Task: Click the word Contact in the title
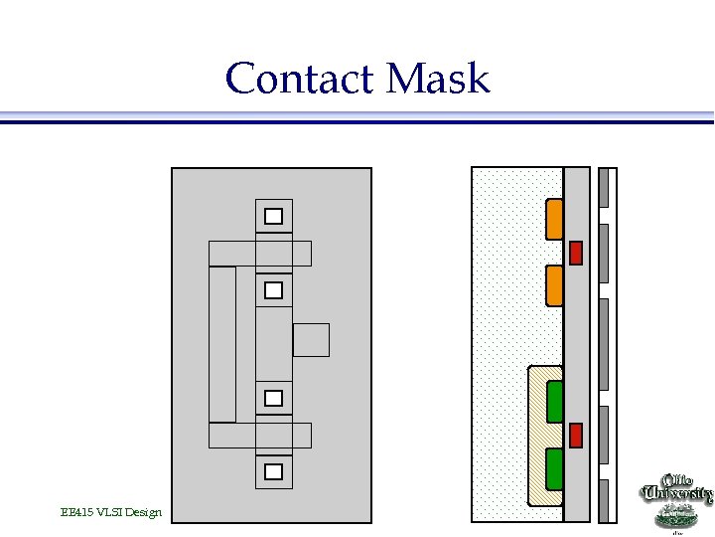pyautogui.click(x=297, y=78)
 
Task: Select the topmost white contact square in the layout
pyautogui.click(x=273, y=216)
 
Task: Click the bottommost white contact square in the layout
pyautogui.click(x=273, y=471)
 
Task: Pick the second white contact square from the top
pyautogui.click(x=273, y=290)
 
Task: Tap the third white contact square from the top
pyautogui.click(x=273, y=398)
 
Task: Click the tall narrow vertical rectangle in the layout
pyautogui.click(x=222, y=344)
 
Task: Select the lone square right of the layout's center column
pyautogui.click(x=311, y=340)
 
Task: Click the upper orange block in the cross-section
pyautogui.click(x=555, y=220)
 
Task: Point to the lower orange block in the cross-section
pyautogui.click(x=555, y=285)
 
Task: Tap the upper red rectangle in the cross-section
pyautogui.click(x=575, y=253)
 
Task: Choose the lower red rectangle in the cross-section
pyautogui.click(x=575, y=436)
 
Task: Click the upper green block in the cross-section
pyautogui.click(x=555, y=402)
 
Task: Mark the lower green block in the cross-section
pyautogui.click(x=555, y=470)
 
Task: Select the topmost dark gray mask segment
pyautogui.click(x=603, y=187)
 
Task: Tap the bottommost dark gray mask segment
pyautogui.click(x=603, y=500)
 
